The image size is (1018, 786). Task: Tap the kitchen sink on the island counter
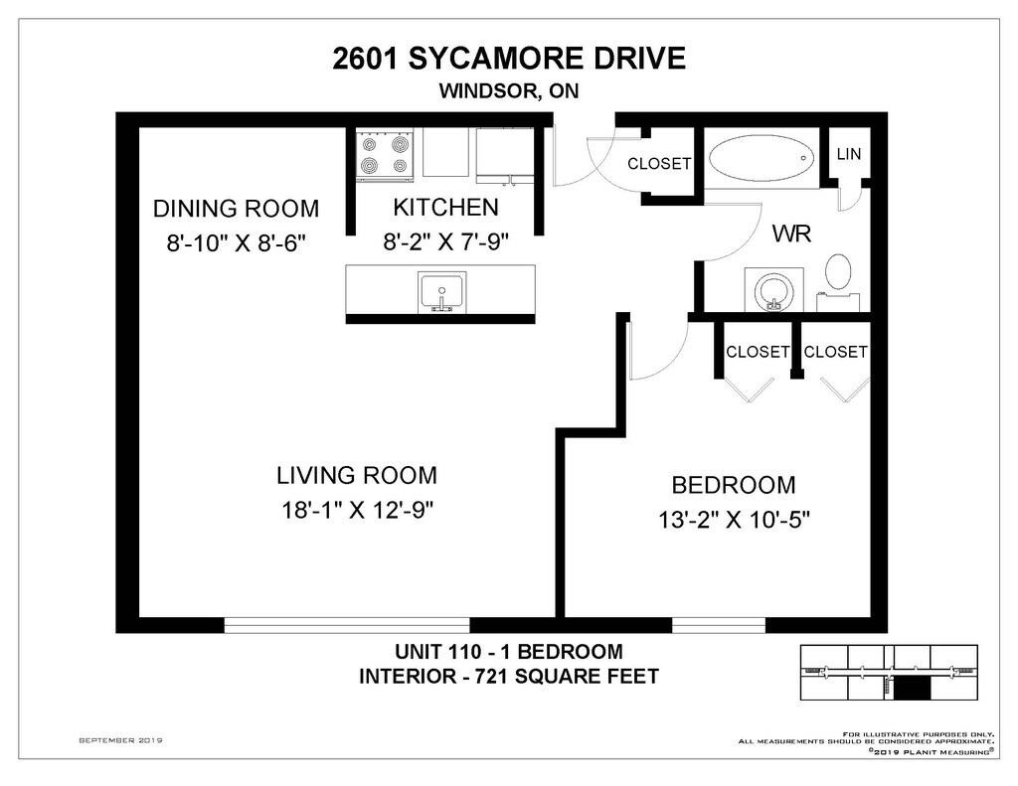(x=441, y=292)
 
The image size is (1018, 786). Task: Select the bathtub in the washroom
(x=762, y=158)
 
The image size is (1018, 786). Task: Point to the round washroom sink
(x=773, y=290)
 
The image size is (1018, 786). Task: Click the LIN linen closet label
(x=849, y=154)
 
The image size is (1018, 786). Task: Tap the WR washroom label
(x=791, y=233)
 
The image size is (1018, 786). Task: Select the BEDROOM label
(x=734, y=485)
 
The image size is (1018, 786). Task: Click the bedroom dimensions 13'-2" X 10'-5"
(x=735, y=520)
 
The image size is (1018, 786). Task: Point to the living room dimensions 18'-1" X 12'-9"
(x=357, y=510)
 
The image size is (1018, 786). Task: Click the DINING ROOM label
(x=237, y=209)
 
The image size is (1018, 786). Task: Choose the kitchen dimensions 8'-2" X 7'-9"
(x=446, y=242)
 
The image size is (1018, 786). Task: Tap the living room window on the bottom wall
(x=347, y=625)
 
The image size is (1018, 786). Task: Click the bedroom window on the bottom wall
(x=719, y=625)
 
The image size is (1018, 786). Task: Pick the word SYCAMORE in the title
(x=497, y=59)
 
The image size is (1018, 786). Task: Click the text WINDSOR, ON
(x=509, y=90)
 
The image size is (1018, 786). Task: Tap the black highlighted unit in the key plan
(x=913, y=688)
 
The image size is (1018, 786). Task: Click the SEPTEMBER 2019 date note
(x=120, y=740)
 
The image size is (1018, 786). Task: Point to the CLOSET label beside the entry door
(x=659, y=164)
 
